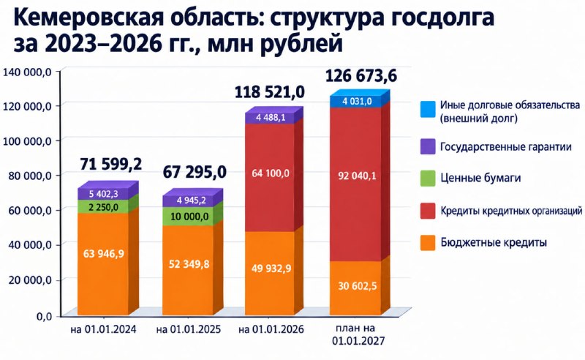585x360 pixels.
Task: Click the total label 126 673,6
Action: pos(361,76)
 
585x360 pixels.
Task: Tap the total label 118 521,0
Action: pos(270,92)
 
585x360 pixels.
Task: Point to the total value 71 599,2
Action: pos(111,164)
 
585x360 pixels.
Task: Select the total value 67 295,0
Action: pos(195,172)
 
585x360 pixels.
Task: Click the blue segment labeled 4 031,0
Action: pos(357,102)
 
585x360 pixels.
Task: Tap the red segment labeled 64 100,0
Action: pos(270,177)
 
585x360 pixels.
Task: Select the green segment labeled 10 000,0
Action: pos(189,217)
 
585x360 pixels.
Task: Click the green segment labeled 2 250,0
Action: pos(103,206)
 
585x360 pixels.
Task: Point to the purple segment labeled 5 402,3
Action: pos(103,194)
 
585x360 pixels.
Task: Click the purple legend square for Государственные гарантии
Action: pos(428,146)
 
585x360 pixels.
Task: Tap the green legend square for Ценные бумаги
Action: pos(428,178)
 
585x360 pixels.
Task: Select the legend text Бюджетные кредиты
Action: pos(494,243)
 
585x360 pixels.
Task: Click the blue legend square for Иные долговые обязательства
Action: pos(428,110)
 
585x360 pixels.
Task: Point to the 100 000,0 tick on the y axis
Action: pos(26,141)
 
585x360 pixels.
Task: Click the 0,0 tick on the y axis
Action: pos(43,317)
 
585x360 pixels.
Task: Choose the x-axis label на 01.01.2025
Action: pos(189,330)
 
